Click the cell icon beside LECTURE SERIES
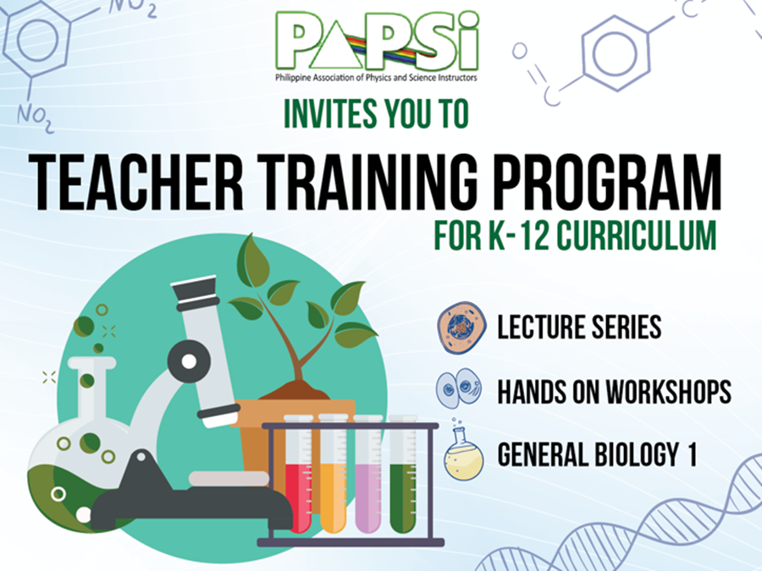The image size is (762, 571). coord(461,327)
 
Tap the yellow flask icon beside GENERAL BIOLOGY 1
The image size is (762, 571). coord(463,451)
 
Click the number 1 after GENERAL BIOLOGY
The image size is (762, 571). coord(692,455)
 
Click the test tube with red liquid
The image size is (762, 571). coord(299,474)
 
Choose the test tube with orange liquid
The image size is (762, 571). coord(334,474)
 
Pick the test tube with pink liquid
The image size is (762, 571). coord(368,474)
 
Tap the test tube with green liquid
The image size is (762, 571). coord(403,474)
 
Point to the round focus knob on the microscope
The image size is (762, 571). coord(189,361)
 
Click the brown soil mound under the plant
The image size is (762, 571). coord(295,390)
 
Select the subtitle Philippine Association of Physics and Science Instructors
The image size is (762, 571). coord(376,78)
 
